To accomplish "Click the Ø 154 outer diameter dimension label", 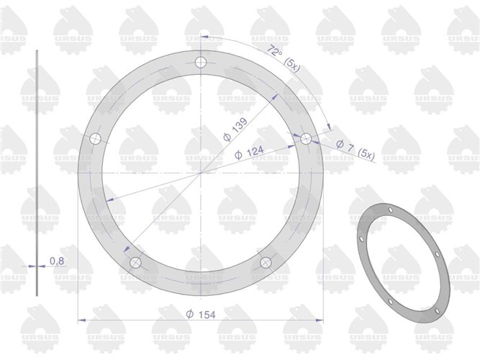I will click(201, 315).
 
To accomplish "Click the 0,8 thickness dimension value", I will click(56, 261).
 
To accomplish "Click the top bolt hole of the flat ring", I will click(201, 63).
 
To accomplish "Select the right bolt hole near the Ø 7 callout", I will click(306, 139).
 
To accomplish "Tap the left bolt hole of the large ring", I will click(94, 139).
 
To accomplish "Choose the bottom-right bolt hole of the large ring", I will click(266, 261).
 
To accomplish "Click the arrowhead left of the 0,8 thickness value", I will click(32, 265).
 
